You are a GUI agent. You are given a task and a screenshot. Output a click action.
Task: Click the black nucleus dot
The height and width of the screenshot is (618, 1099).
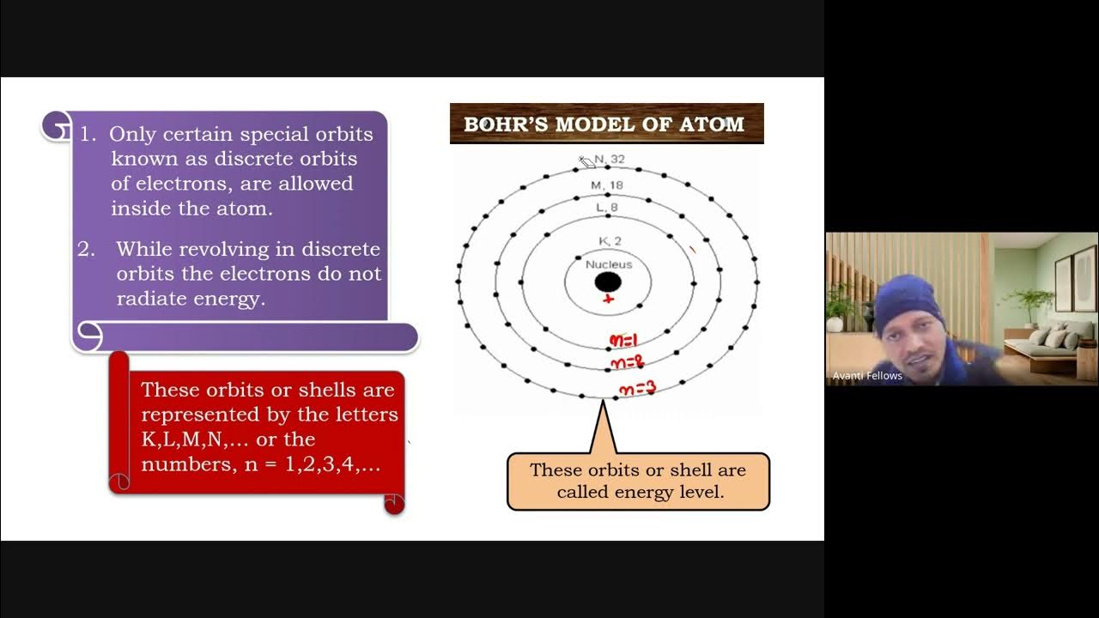click(x=608, y=282)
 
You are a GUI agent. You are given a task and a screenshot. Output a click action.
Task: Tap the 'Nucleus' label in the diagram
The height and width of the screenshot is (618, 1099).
click(x=608, y=264)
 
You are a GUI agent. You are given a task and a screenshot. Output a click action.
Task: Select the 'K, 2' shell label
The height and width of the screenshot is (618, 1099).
click(x=610, y=241)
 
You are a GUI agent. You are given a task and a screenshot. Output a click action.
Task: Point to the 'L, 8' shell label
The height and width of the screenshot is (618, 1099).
click(x=607, y=207)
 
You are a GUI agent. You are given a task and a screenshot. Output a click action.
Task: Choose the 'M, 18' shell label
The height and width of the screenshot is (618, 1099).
click(x=607, y=185)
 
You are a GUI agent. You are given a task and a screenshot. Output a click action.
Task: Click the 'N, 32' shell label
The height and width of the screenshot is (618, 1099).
click(x=610, y=160)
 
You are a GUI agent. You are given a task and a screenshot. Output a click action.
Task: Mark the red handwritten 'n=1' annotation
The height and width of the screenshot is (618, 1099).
click(x=623, y=341)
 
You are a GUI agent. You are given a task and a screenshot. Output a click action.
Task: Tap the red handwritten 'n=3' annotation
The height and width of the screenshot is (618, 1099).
click(x=636, y=390)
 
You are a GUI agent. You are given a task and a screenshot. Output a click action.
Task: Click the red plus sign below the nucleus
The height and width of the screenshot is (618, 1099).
click(x=609, y=300)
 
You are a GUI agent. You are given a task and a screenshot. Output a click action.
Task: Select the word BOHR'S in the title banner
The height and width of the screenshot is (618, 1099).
click(x=505, y=124)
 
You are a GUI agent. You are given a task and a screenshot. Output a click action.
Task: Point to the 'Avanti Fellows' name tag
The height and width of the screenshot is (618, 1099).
click(x=867, y=375)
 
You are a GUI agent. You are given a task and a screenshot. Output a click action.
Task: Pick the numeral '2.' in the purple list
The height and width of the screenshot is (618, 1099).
click(x=86, y=249)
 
